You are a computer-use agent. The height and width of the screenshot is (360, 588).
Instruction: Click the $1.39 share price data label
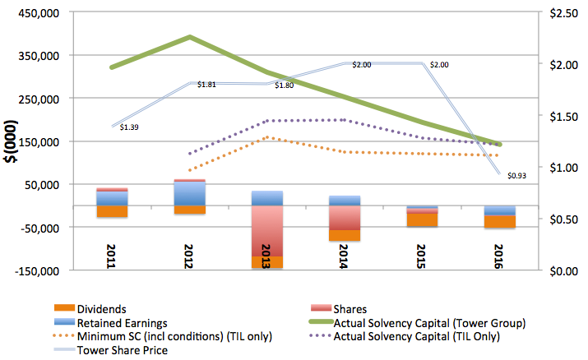(129, 127)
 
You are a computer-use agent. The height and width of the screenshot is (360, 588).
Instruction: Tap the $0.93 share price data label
(517, 176)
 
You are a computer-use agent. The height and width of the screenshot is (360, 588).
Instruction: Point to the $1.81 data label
(207, 85)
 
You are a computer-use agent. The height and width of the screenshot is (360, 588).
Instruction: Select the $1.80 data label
(285, 85)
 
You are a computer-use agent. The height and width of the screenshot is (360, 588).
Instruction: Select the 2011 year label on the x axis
(112, 256)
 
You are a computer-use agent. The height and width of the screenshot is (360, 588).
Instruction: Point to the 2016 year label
(500, 256)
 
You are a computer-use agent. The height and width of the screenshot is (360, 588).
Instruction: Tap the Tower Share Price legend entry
(122, 349)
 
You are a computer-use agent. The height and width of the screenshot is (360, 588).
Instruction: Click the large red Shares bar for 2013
(267, 230)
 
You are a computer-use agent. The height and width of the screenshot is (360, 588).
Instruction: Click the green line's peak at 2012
(190, 37)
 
